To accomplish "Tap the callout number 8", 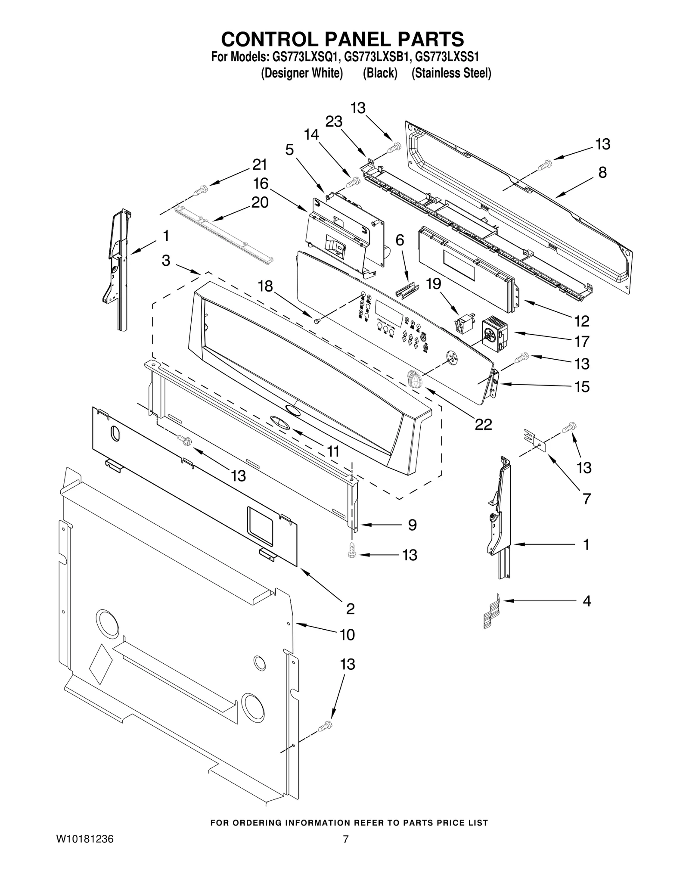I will pyautogui.click(x=602, y=172).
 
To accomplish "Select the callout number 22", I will pyautogui.click(x=483, y=424).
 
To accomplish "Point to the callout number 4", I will pyautogui.click(x=587, y=601).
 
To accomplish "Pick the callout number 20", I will pyautogui.click(x=260, y=202).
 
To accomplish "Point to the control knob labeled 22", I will pyautogui.click(x=414, y=378).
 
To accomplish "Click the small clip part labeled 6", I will pyautogui.click(x=407, y=289).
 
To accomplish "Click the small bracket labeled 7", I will pyautogui.click(x=535, y=440).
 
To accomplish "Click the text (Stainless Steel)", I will pyautogui.click(x=451, y=73).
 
